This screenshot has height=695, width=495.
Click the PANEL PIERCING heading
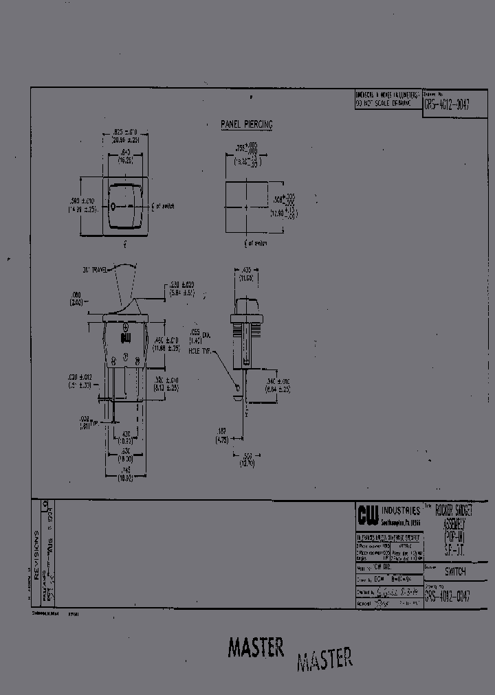click(246, 124)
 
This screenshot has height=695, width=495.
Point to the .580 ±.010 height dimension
click(80, 204)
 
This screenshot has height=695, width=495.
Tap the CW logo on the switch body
click(125, 337)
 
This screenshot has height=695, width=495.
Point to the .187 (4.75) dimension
click(221, 435)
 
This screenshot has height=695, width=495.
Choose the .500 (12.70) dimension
click(247, 459)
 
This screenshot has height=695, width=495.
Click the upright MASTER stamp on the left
click(256, 648)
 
